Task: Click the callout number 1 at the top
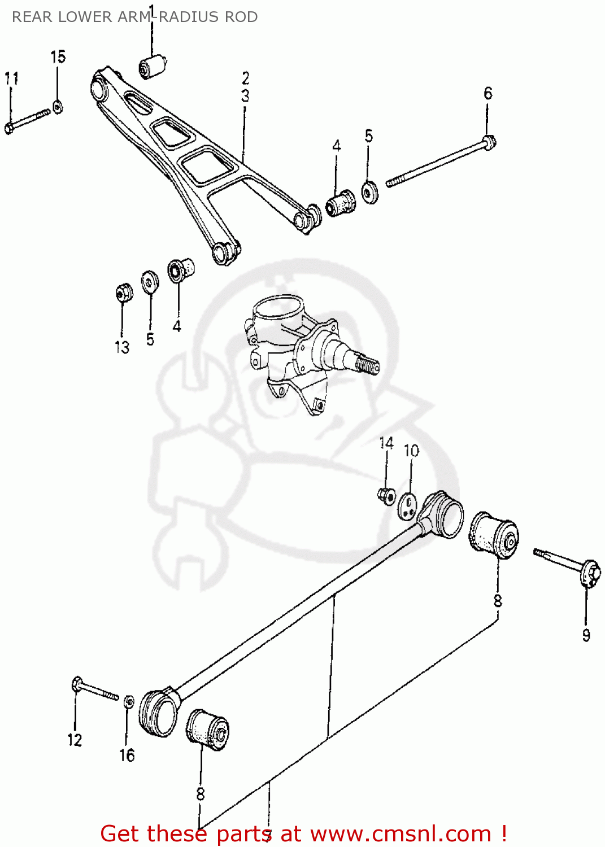coord(151,10)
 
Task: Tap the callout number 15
coord(58,56)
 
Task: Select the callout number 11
coord(11,78)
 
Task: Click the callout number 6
coord(488,93)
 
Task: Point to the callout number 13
coord(122,347)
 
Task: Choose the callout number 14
coord(386,443)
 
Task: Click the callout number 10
coord(411,451)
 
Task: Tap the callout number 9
coord(586,635)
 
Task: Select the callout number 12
coord(75,740)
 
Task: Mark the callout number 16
coord(127,755)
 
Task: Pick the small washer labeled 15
coord(57,106)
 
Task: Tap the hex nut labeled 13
coord(124,292)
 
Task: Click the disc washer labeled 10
coord(407,505)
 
